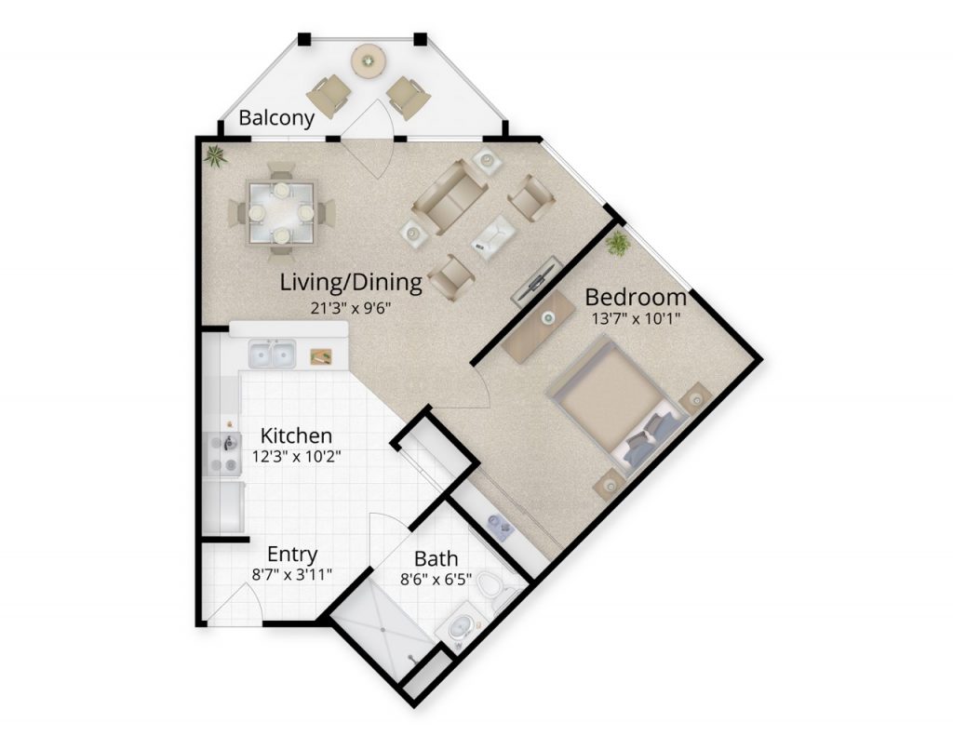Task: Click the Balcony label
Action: pos(276,118)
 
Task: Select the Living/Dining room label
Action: pos(351,283)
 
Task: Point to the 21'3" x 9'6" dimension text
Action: pos(350,308)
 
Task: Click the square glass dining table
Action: pos(281,213)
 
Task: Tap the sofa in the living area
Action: pos(450,196)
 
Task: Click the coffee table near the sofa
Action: pos(495,236)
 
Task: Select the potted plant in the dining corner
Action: pos(215,157)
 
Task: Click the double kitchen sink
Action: pos(272,354)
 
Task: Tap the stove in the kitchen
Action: pos(223,453)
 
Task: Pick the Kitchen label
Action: pos(296,435)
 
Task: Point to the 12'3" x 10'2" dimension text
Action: pos(296,456)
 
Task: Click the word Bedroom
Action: pos(635,297)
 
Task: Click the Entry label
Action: pos(292,555)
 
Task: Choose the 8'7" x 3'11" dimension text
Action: pos(291,574)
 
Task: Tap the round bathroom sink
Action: pos(460,626)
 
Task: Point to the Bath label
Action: pos(436,558)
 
